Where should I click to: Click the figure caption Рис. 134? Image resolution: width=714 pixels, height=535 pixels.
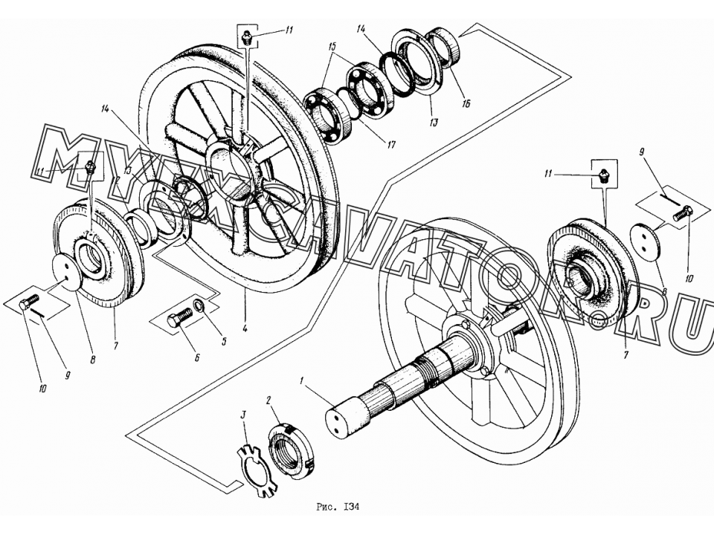[x=338, y=507]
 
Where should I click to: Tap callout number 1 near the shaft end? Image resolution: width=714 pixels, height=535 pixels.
[x=301, y=380]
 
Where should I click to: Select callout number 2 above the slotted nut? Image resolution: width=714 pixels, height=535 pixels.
[x=268, y=401]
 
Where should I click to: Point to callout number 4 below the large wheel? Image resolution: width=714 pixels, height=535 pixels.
[x=245, y=328]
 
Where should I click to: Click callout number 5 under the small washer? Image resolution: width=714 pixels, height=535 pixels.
[x=224, y=341]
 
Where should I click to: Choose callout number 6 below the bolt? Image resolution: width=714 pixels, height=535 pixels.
[x=197, y=358]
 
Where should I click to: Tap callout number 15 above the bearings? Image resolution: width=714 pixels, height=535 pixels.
[x=331, y=47]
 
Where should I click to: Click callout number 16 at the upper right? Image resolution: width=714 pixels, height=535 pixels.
[x=466, y=103]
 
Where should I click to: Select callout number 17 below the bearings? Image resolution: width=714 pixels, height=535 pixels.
[x=391, y=145]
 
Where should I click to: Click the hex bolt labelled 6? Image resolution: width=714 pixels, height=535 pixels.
[x=180, y=317]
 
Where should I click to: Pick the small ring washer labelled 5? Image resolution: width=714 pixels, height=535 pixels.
[x=200, y=305]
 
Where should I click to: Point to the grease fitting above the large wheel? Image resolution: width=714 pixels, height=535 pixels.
[x=247, y=37]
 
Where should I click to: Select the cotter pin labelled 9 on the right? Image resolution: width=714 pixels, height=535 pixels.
[x=669, y=198]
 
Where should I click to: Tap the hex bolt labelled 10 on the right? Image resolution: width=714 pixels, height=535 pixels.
[x=683, y=213]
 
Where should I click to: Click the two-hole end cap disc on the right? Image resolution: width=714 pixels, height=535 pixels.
[x=646, y=242]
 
